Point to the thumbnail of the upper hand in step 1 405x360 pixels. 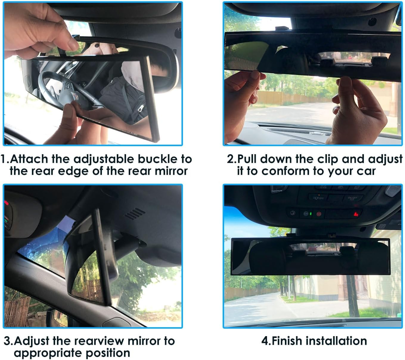click(72, 45)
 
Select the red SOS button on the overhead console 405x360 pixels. click(319, 214)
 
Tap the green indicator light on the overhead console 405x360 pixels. click(311, 214)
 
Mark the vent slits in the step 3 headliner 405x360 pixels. click(134, 214)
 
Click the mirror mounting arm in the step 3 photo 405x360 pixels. click(127, 245)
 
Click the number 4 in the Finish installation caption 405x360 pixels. click(265, 341)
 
